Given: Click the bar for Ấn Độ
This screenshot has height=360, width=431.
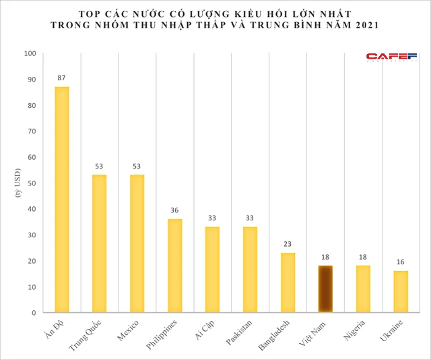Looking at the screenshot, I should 61,200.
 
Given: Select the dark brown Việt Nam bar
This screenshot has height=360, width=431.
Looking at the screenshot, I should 325,289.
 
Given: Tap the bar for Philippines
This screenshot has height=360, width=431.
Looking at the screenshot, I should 174,266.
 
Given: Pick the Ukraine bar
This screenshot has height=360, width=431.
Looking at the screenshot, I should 401,292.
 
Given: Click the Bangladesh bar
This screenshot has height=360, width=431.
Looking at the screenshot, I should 288,282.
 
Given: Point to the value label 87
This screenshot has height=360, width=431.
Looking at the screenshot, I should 61,78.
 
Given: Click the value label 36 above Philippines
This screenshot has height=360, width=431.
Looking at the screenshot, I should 174,210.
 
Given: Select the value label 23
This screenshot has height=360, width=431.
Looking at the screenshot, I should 288,244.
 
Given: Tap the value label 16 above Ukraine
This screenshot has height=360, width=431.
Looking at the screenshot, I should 401,262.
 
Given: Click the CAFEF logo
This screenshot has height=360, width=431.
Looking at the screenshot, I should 392,57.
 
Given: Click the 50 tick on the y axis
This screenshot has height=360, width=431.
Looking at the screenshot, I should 30,183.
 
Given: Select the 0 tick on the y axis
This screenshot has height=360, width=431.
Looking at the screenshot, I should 32,313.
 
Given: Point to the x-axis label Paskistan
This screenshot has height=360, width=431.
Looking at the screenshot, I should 240,332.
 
